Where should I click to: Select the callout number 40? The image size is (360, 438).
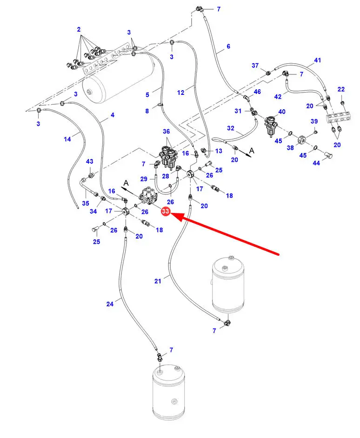point(281,112)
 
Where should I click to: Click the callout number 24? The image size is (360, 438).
point(110,304)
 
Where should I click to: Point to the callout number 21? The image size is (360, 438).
point(158,281)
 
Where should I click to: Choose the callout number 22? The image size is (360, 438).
point(341,89)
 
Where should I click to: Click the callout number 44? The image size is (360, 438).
point(316,163)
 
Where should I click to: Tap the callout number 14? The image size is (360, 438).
point(68,139)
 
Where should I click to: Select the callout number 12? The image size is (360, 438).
point(181,93)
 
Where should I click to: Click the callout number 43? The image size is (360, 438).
point(90,161)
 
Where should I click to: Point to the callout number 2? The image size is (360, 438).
point(79,29)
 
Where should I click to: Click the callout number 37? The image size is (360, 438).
point(255,66)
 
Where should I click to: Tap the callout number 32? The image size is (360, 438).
point(231,128)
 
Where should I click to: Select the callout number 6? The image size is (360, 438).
point(228,46)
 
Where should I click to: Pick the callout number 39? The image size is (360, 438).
point(314,121)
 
